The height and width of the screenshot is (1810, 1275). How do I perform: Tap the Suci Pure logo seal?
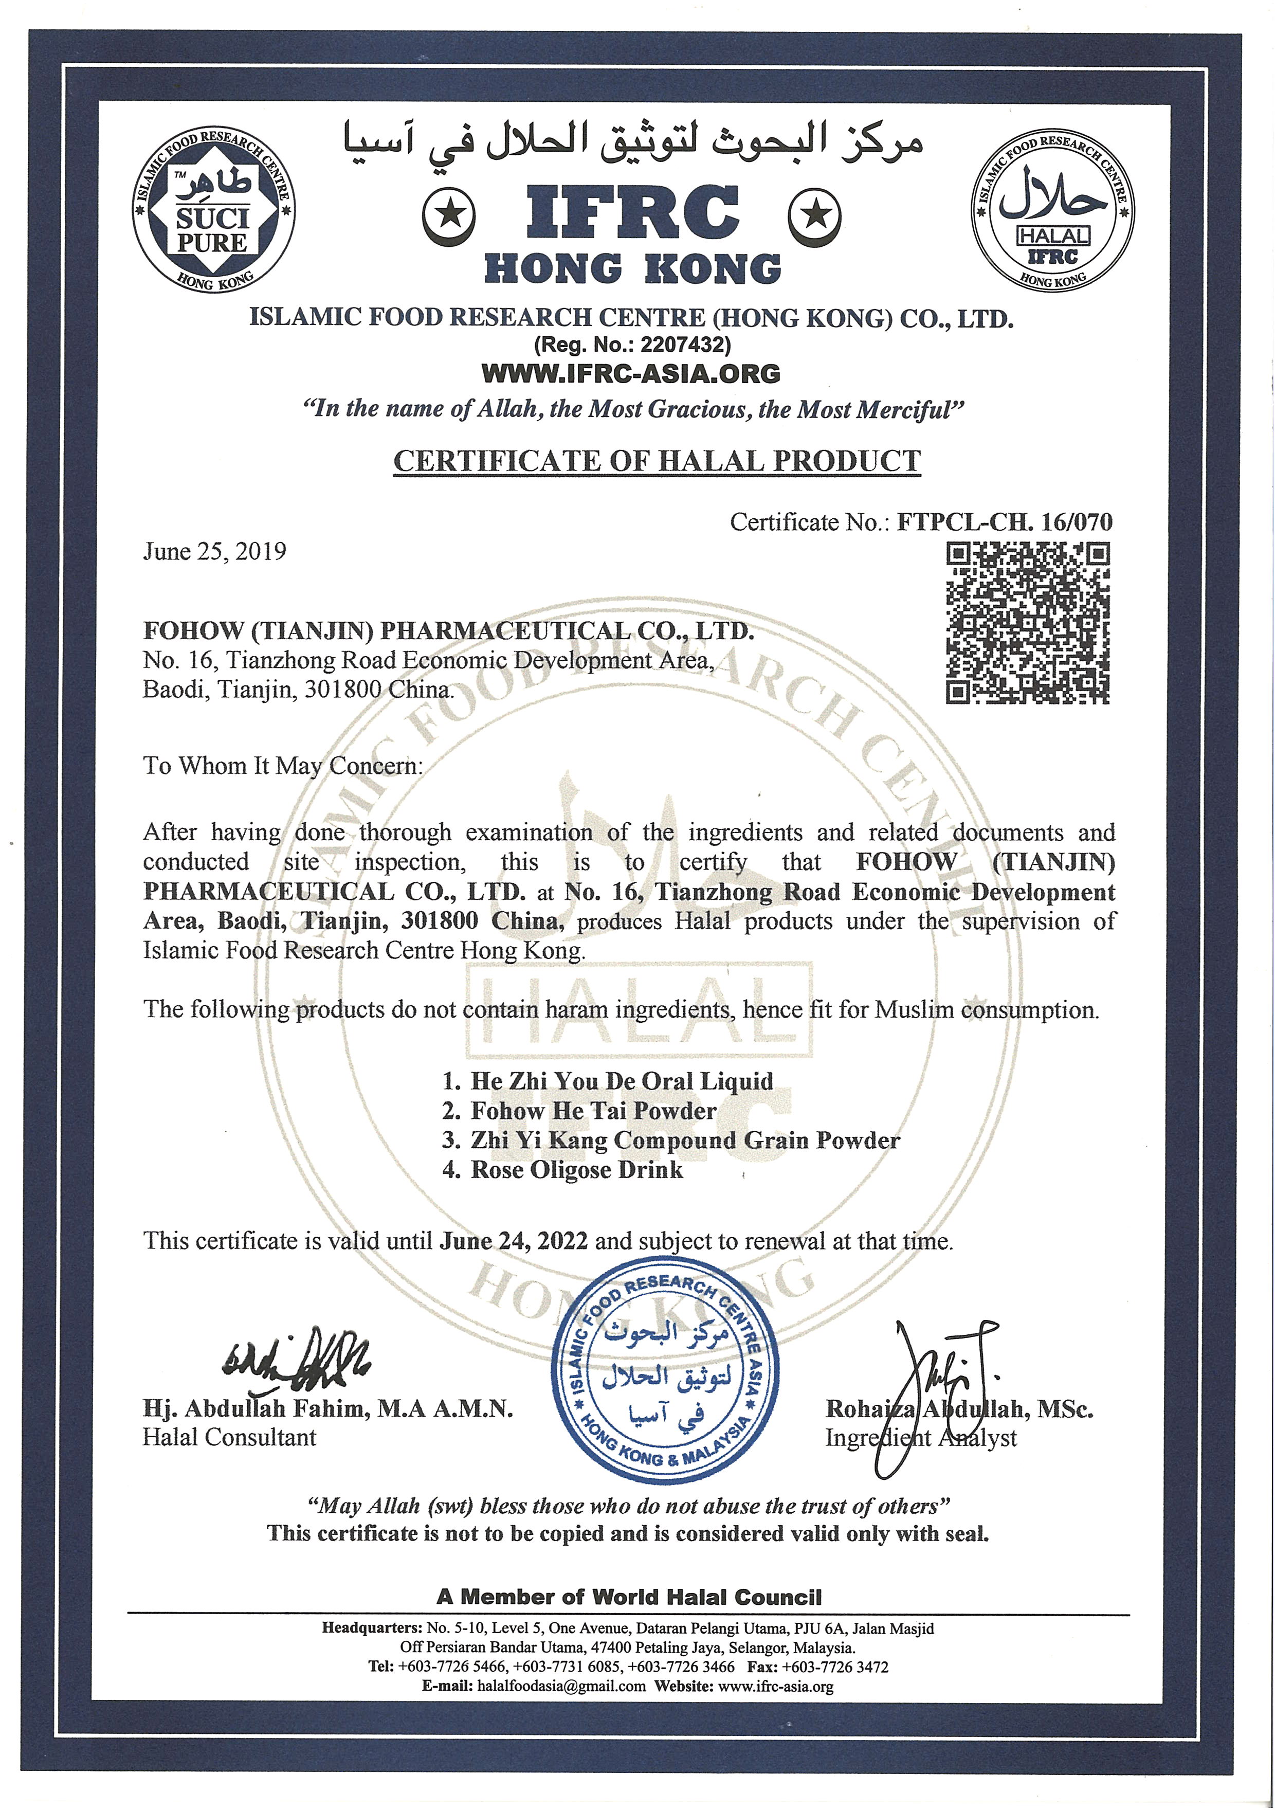pyautogui.click(x=213, y=209)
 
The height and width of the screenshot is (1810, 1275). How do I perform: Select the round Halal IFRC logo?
pyautogui.click(x=1053, y=209)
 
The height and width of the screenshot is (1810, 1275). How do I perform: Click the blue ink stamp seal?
pyautogui.click(x=665, y=1371)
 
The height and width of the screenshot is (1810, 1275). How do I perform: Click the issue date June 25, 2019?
pyautogui.click(x=214, y=551)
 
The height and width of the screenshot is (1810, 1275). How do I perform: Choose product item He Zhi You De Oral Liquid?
pyautogui.click(x=621, y=1081)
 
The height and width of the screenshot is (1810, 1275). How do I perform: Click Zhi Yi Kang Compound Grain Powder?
pyautogui.click(x=684, y=1140)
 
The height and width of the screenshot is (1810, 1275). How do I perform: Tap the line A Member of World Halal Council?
pyautogui.click(x=629, y=1597)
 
